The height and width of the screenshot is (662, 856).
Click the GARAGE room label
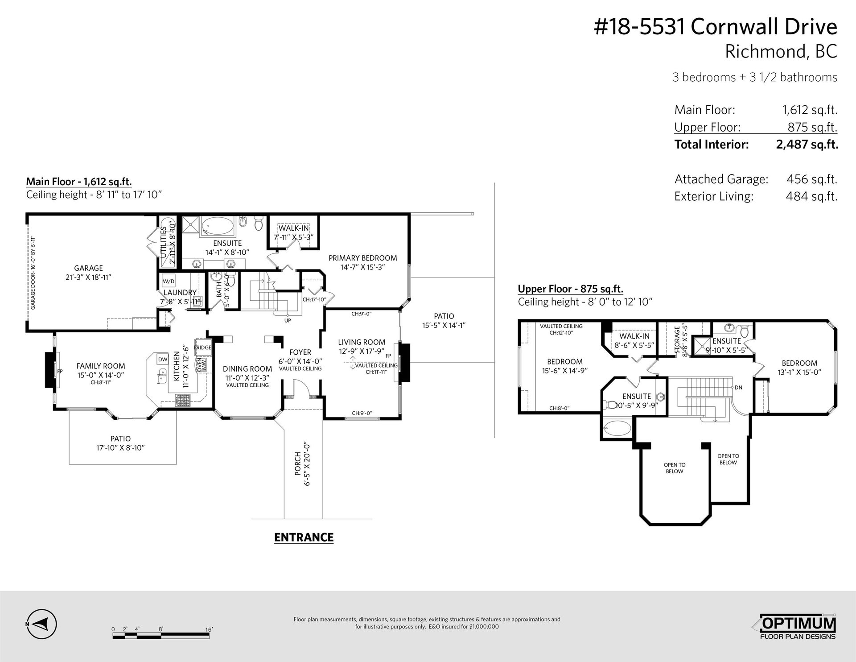click(x=88, y=268)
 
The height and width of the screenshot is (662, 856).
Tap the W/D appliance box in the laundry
click(x=168, y=281)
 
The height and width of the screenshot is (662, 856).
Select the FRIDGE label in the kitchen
click(x=203, y=348)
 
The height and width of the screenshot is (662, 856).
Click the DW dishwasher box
click(x=163, y=360)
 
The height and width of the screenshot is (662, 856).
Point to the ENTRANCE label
click(x=304, y=538)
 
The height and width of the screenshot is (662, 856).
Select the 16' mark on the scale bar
click(x=209, y=629)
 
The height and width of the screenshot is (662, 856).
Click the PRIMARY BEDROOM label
click(x=362, y=258)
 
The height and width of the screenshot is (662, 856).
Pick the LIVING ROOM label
click(x=362, y=342)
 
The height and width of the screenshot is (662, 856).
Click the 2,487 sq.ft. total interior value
click(x=807, y=145)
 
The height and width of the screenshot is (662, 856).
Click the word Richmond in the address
click(x=763, y=51)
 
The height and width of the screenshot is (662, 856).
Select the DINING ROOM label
click(x=247, y=369)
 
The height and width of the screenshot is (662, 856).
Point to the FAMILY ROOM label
click(x=101, y=366)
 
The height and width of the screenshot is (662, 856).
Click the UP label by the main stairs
click(x=288, y=320)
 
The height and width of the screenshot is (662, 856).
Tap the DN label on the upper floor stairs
click(x=738, y=388)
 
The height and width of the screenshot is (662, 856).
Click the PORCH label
click(x=298, y=463)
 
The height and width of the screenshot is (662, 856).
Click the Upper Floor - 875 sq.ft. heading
click(x=570, y=289)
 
